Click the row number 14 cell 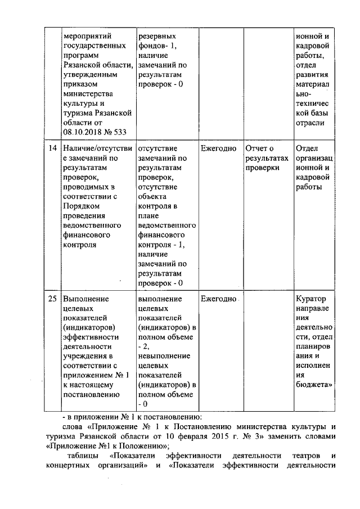[x=52, y=148]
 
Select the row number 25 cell [x=52, y=299]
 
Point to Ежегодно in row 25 [x=218, y=299]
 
